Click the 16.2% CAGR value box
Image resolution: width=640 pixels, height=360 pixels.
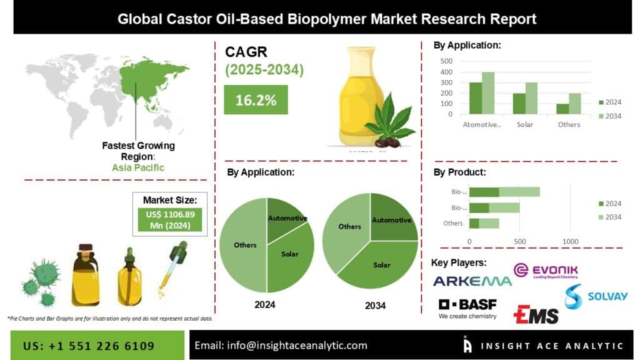256,100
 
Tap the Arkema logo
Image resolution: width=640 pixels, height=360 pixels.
472,281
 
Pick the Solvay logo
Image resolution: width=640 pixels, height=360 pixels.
594,297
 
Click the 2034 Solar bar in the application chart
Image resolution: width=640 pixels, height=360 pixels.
531,98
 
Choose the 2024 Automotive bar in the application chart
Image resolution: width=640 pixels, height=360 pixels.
476,98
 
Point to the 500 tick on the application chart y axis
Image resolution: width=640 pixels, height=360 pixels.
446,61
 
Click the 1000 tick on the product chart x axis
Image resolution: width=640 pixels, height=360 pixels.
570,241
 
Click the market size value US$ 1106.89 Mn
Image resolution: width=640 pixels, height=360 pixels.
170,219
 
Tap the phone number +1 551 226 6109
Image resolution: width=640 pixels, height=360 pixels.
89,346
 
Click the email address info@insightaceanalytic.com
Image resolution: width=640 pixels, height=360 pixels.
281,346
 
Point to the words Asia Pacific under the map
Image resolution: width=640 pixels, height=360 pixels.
138,167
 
